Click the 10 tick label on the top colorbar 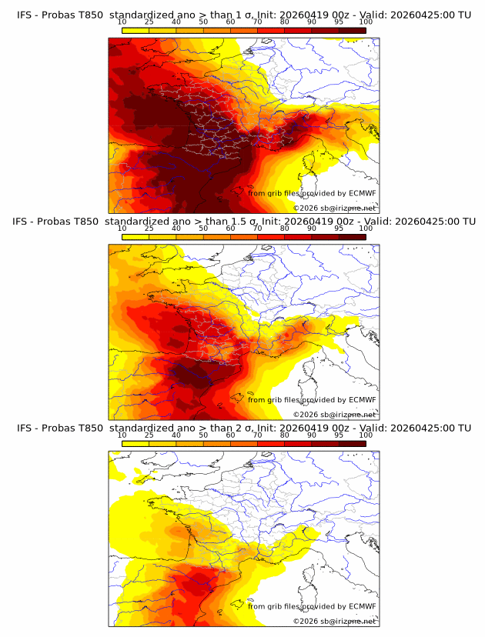point(122,22)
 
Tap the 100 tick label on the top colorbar point(366,22)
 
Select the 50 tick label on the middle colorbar point(203,228)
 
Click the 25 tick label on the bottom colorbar point(149,435)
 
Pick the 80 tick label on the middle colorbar point(285,228)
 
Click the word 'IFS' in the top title point(25,14)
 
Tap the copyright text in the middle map point(334,414)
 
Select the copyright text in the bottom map point(334,621)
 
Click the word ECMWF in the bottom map point(363,606)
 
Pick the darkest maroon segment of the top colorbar point(352,30)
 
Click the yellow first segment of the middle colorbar point(135,237)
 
